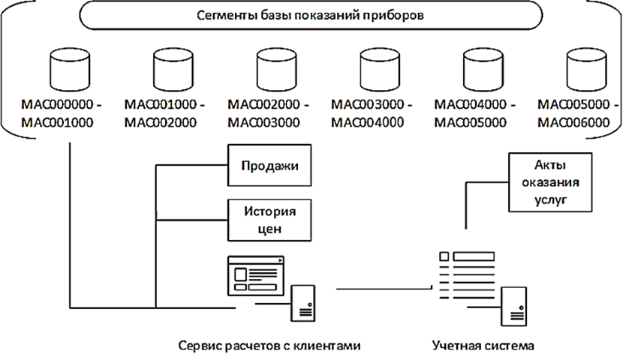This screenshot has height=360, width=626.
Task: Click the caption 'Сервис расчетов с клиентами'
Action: tap(269, 346)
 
